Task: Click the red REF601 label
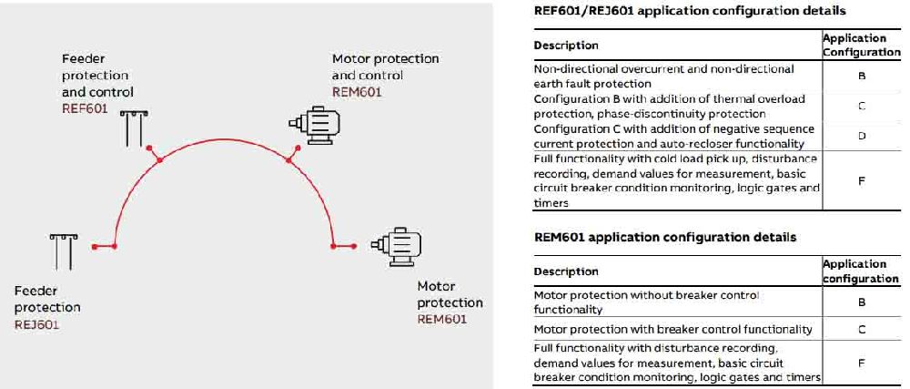pyautogui.click(x=85, y=108)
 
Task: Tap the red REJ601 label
pyautogui.click(x=36, y=324)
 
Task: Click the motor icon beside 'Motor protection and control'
pyautogui.click(x=314, y=124)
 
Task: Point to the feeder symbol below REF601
pyautogui.click(x=134, y=128)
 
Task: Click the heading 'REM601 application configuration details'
pyautogui.click(x=664, y=237)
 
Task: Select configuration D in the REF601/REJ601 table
pyautogui.click(x=862, y=136)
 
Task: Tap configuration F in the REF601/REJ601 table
pyautogui.click(x=862, y=180)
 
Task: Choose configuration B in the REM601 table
pyautogui.click(x=862, y=302)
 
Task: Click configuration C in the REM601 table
pyautogui.click(x=862, y=329)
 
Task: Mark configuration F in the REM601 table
pyautogui.click(x=862, y=363)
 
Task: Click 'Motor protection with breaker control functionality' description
pyautogui.click(x=672, y=329)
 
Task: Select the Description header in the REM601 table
pyautogui.click(x=566, y=271)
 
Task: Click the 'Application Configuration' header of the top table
pyautogui.click(x=861, y=45)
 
